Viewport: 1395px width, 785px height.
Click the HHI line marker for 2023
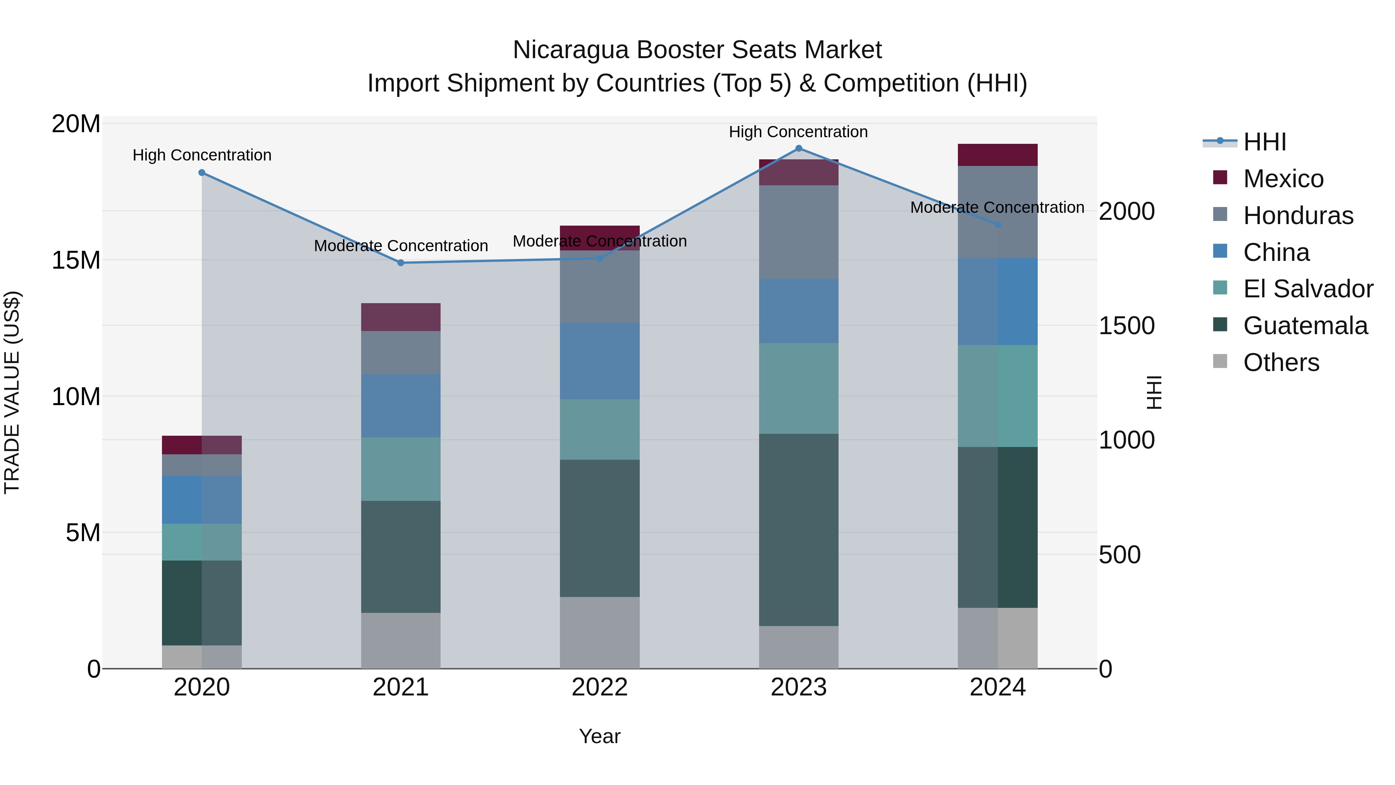click(798, 148)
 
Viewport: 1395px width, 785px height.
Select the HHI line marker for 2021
click(401, 263)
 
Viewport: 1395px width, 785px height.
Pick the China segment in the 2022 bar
click(599, 361)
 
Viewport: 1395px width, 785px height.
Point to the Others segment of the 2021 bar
click(401, 640)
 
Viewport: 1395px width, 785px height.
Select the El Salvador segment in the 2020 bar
click(201, 542)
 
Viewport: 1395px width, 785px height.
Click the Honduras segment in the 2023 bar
click(798, 232)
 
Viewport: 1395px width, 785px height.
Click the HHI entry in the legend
click(1264, 142)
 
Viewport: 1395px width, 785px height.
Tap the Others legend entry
click(1281, 362)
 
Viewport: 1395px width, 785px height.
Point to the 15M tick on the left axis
click(76, 261)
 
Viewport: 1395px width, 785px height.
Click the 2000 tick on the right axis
click(1126, 211)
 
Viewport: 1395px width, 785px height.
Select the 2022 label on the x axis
click(599, 687)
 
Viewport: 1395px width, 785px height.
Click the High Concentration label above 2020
click(202, 155)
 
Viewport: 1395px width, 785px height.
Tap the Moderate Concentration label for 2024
click(997, 207)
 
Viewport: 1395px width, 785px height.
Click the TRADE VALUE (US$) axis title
click(12, 392)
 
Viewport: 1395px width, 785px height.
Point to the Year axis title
click(599, 736)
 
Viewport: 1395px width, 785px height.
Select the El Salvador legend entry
click(1307, 289)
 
